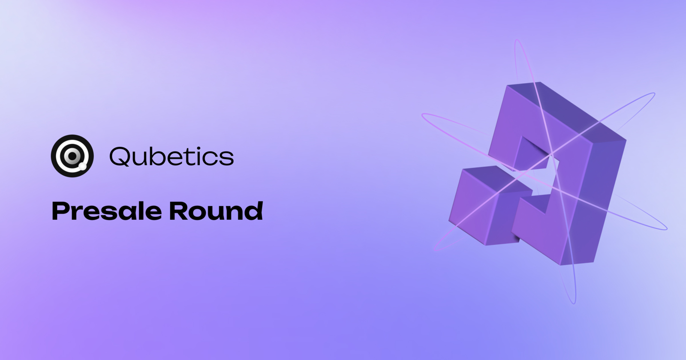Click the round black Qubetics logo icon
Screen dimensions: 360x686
(72, 156)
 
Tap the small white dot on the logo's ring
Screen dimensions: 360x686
(82, 165)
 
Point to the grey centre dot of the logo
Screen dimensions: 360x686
(72, 156)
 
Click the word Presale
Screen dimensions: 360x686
(107, 211)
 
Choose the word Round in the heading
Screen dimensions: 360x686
(216, 211)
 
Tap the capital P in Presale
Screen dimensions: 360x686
(60, 211)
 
